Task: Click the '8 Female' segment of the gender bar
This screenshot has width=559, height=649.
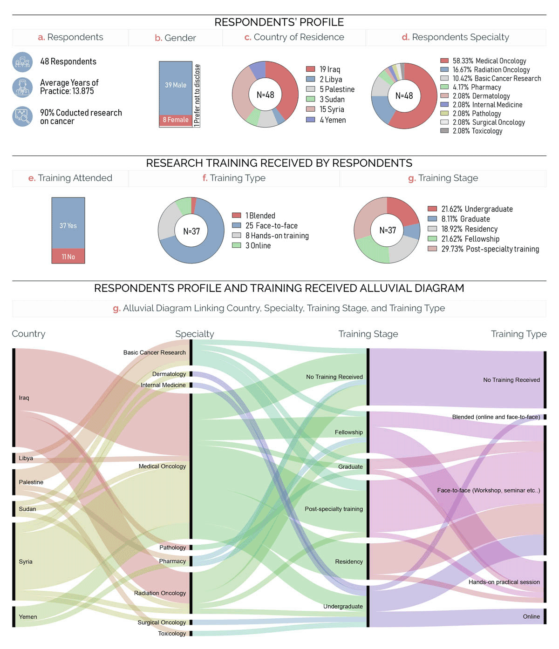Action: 176,120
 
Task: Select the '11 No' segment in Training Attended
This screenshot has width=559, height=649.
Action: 68,257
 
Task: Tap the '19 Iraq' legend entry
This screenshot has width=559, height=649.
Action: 329,69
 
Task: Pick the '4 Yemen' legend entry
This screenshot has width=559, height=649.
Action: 332,120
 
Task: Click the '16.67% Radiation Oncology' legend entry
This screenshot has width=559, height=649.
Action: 491,70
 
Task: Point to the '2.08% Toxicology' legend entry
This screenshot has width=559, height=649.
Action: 477,131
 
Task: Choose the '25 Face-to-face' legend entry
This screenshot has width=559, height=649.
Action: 271,226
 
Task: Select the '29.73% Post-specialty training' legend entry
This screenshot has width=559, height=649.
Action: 490,249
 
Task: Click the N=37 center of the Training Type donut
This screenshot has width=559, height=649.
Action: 191,231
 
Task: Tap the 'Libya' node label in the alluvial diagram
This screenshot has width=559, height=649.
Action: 26,458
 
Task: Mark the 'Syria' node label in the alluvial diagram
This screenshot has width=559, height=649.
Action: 26,561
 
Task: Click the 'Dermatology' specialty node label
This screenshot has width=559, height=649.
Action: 169,374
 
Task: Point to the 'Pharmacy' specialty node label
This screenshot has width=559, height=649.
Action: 172,561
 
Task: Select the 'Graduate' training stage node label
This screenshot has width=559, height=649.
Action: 350,466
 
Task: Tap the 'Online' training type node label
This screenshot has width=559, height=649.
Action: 531,616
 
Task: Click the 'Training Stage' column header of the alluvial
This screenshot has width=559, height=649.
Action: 368,334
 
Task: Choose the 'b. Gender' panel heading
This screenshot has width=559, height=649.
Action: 175,38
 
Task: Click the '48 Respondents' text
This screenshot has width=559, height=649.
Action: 68,61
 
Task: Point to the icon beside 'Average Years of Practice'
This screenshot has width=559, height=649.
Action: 22,88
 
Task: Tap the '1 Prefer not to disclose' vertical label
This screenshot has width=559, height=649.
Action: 197,95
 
